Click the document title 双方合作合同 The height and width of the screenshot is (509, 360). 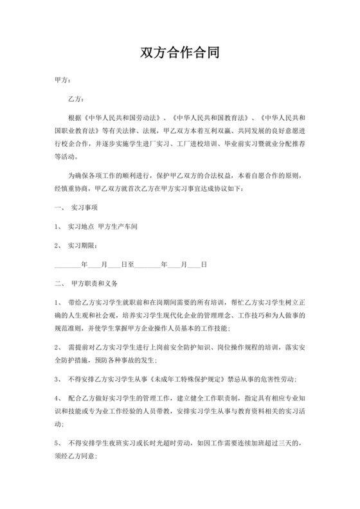click(180, 53)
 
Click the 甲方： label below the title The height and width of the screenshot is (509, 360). click(62, 82)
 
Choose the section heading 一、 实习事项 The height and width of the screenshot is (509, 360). click(76, 210)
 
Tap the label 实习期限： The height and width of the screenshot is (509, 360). click(84, 246)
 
